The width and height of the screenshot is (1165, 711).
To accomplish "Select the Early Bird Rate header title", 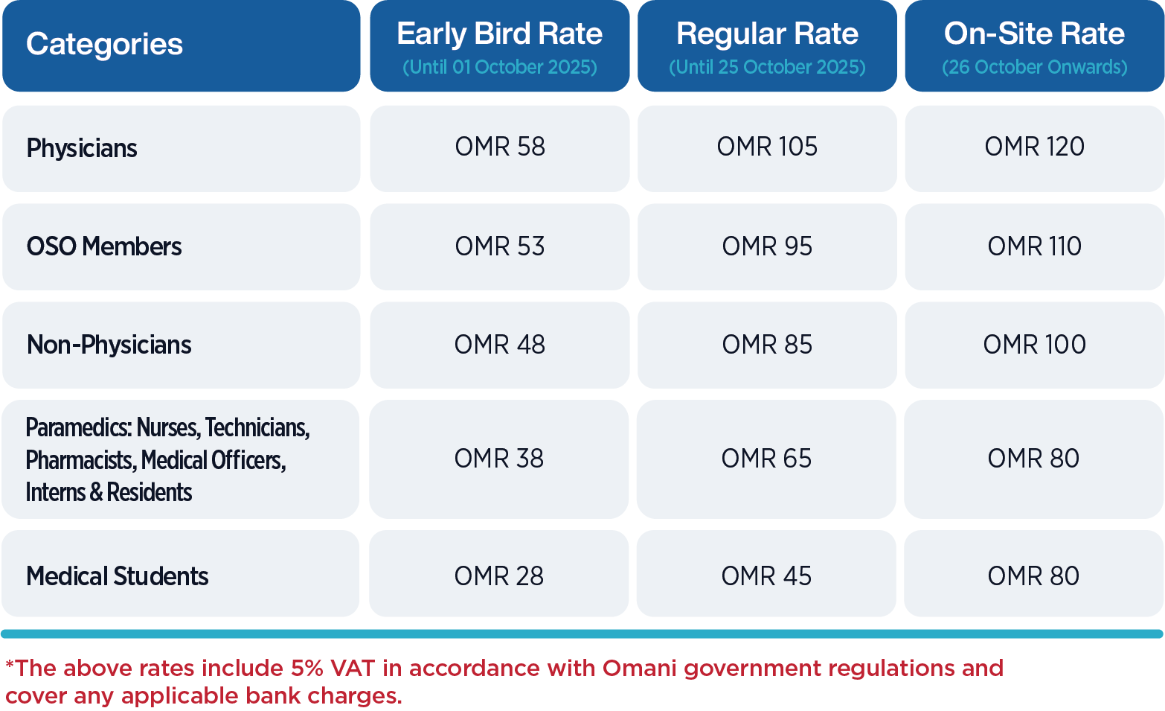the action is [499, 34].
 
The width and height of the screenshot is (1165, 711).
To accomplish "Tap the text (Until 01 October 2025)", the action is [499, 67].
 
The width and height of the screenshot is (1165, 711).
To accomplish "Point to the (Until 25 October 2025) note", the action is [767, 67].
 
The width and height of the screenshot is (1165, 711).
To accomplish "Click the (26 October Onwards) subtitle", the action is [1035, 67].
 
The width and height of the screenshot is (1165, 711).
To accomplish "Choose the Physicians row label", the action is [82, 148].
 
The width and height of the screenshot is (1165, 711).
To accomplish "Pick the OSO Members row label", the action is [104, 246].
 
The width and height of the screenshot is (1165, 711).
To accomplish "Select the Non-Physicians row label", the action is [109, 345].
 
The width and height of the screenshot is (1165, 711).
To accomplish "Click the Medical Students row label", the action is [117, 576].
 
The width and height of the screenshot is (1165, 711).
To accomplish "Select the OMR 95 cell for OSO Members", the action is [767, 246].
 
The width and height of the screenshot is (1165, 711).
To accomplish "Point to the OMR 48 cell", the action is [499, 345].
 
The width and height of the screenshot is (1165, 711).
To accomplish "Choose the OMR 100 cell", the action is [1035, 345].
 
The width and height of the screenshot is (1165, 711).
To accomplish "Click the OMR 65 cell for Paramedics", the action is [766, 459].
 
